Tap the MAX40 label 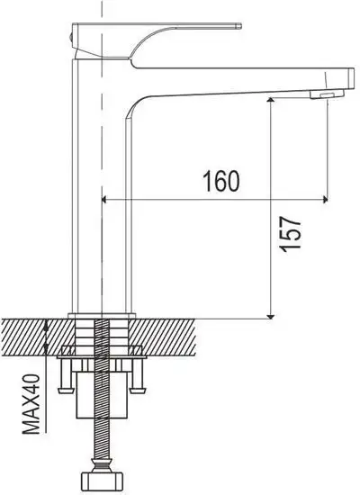click(x=33, y=405)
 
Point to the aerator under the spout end click(x=324, y=94)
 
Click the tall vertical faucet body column click(x=103, y=198)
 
